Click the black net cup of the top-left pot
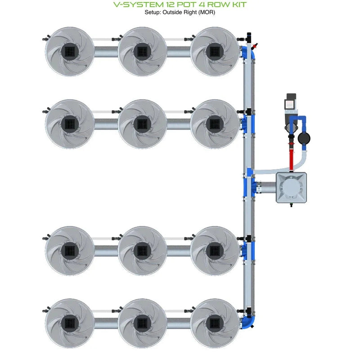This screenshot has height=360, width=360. [x=70, y=51]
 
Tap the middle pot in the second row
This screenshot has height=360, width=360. [x=142, y=123]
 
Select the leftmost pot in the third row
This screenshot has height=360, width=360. [x=70, y=250]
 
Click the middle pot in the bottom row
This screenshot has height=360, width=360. [x=142, y=322]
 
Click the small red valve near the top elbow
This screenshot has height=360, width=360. [x=256, y=46]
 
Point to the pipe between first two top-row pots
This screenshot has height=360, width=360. [x=106, y=51]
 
